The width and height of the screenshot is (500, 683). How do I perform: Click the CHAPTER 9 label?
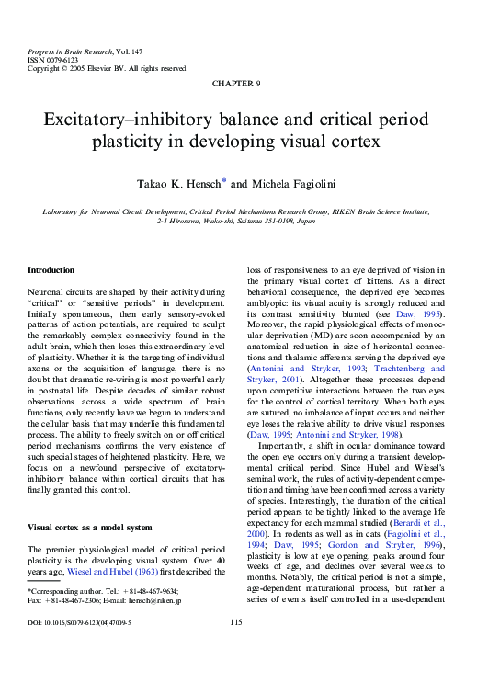(x=236, y=84)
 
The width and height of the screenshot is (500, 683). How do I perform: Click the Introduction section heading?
(x=51, y=270)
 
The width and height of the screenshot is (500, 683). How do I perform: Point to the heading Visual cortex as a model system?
(x=88, y=529)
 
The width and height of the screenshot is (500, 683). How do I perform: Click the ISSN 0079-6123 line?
(x=51, y=58)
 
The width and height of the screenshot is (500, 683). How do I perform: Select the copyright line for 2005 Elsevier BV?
(x=107, y=68)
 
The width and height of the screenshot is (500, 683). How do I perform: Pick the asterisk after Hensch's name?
(x=224, y=181)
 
